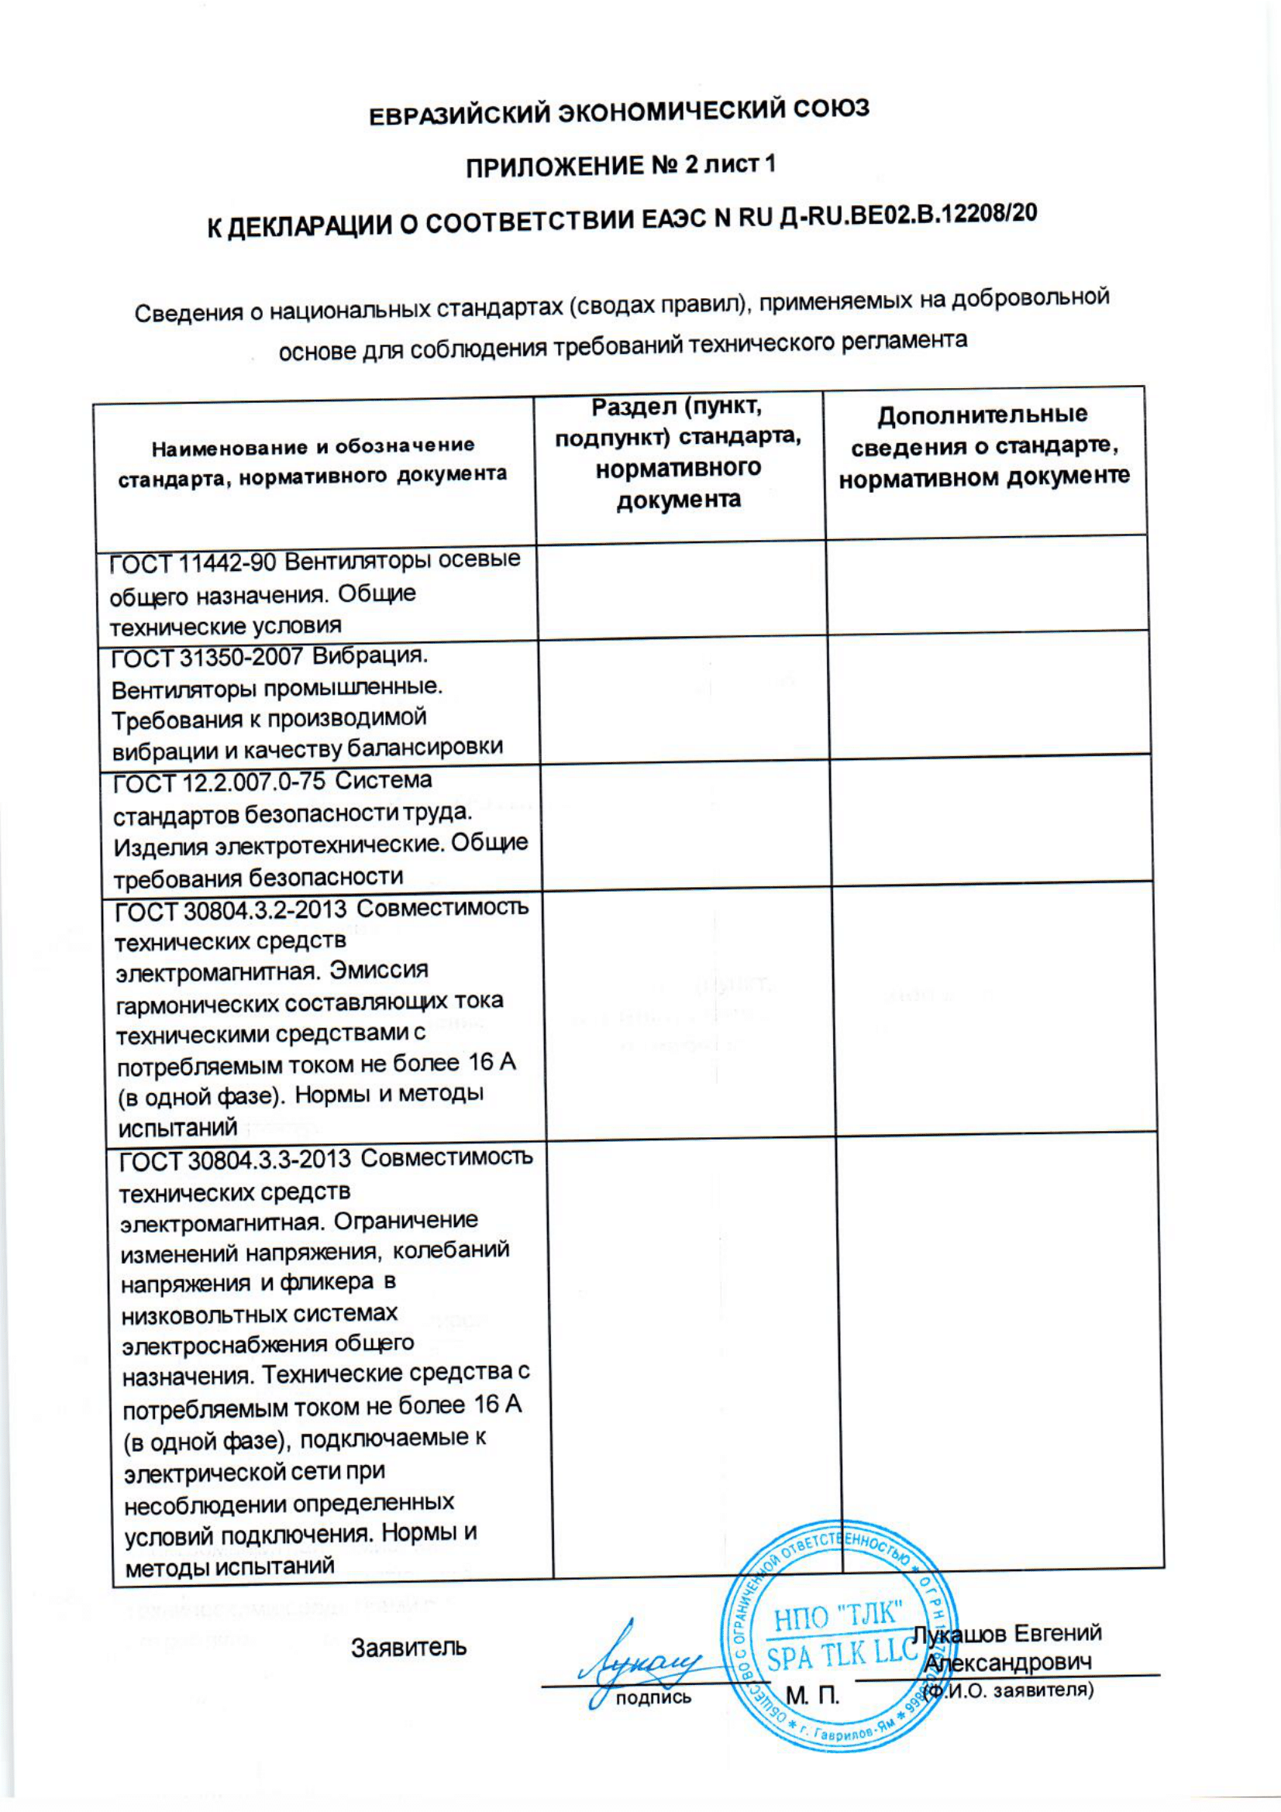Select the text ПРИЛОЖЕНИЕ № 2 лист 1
click(622, 166)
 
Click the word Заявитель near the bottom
click(409, 1648)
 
